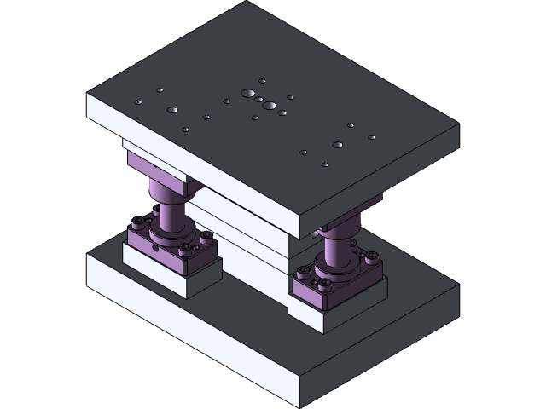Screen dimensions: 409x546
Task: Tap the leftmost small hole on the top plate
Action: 139,103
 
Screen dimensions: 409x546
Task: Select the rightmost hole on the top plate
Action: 371,137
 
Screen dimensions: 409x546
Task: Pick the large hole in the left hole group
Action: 172,110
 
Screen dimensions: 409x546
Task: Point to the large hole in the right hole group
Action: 338,145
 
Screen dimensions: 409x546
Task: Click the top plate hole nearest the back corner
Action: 263,82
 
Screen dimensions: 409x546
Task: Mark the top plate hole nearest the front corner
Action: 325,164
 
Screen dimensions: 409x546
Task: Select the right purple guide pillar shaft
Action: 336,247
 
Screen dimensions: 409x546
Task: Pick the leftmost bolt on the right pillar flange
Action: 301,274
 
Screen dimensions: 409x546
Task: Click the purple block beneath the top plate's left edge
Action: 154,167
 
